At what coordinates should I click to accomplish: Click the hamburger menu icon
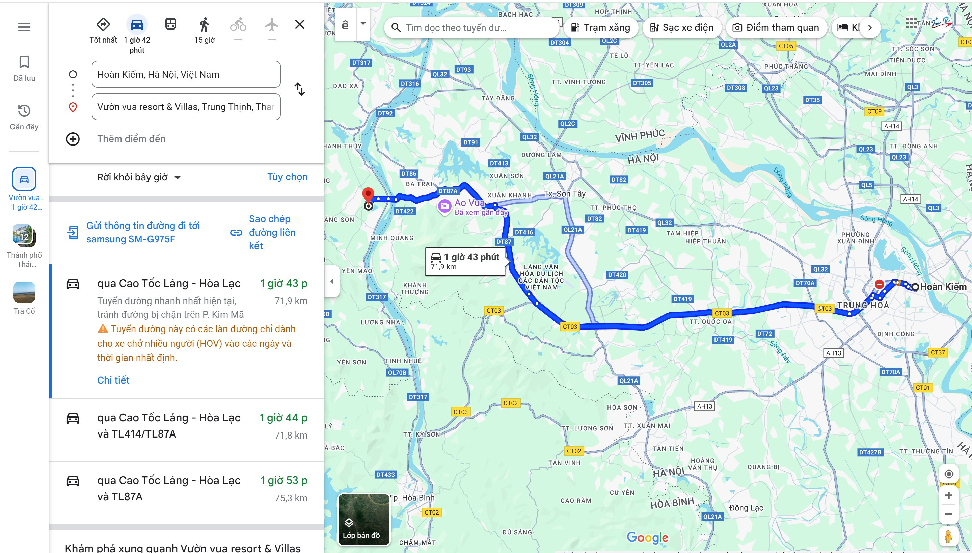[x=24, y=27]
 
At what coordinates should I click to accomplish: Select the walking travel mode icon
[x=204, y=25]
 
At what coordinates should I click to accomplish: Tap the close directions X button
[x=300, y=25]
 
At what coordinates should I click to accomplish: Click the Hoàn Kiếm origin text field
[x=186, y=74]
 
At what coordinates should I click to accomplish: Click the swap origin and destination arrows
[x=300, y=89]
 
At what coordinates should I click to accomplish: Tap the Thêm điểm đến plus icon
[x=73, y=139]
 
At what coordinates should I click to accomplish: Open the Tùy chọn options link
[x=287, y=177]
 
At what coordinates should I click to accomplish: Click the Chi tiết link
[x=113, y=380]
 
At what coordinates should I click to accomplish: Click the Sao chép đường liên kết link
[x=272, y=232]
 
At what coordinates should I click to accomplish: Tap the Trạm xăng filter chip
[x=601, y=28]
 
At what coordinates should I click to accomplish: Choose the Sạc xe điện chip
[x=681, y=28]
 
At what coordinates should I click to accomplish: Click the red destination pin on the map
[x=368, y=194]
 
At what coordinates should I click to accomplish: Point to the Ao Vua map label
[x=470, y=203]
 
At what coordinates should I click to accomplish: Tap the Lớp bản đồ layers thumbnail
[x=363, y=519]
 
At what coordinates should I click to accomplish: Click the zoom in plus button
[x=948, y=495]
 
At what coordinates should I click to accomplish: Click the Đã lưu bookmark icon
[x=24, y=62]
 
